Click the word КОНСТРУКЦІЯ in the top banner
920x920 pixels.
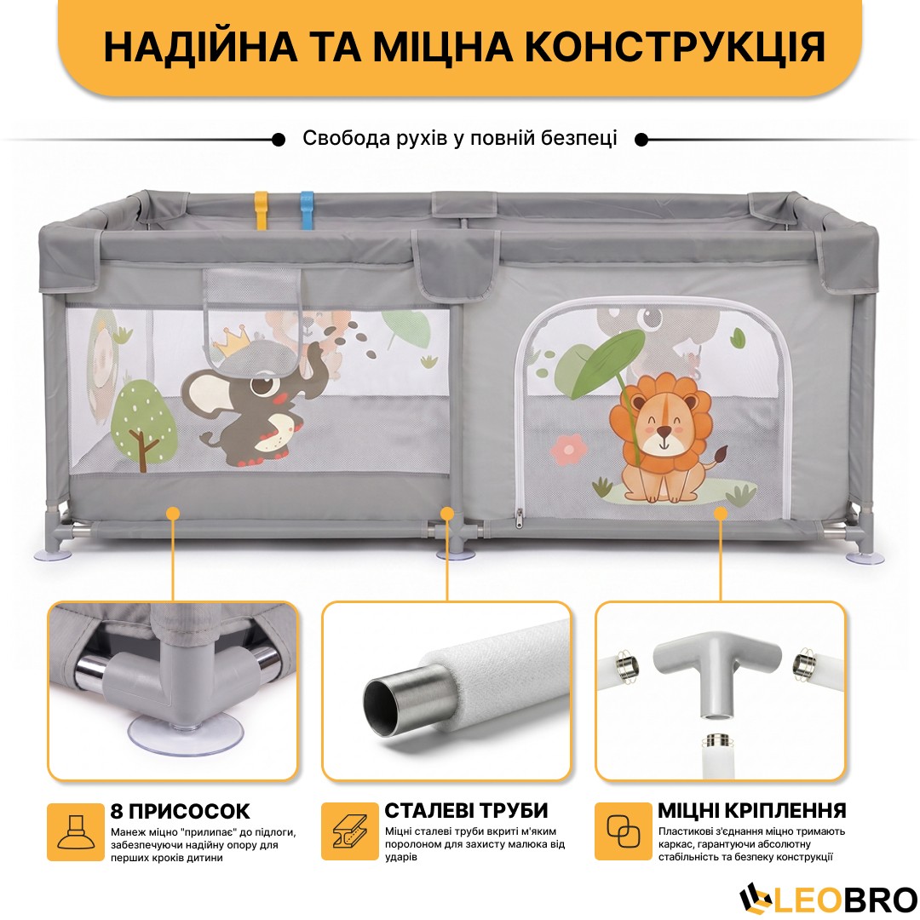[675, 46]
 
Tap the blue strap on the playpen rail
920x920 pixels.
[307, 210]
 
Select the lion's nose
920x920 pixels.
[664, 431]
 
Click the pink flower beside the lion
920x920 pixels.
[568, 449]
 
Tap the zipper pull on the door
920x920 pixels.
[520, 518]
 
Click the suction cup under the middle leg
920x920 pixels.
[455, 555]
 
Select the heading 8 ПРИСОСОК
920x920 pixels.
[180, 811]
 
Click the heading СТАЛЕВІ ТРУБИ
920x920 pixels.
[467, 810]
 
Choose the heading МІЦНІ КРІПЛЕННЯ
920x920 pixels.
[752, 810]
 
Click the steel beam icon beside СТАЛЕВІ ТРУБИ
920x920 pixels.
[350, 831]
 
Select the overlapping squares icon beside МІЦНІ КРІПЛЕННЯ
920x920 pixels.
[623, 831]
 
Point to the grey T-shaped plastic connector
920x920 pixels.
[717, 669]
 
